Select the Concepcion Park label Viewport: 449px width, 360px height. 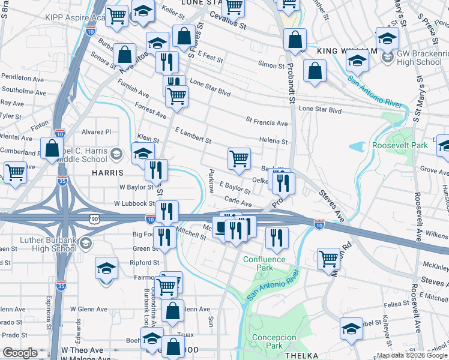274,341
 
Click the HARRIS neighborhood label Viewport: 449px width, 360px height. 107,172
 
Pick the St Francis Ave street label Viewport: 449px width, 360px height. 267,122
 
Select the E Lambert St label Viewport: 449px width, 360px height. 193,135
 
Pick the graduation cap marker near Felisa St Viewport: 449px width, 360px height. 351,328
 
